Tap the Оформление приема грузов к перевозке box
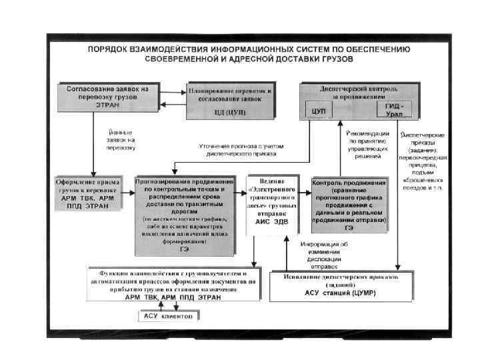pos(88,193)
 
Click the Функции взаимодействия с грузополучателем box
pos(177,285)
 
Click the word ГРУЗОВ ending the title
pos(337,59)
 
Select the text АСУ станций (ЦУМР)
pos(341,293)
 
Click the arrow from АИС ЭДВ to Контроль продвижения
pos(303,193)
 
